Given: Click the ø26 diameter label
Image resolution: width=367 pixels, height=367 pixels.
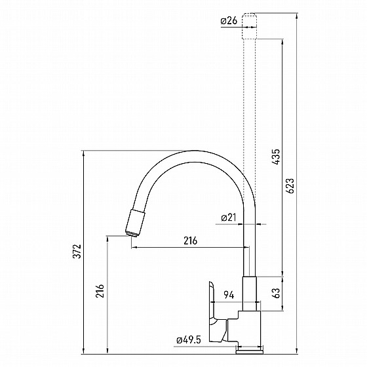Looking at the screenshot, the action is pos(229,21).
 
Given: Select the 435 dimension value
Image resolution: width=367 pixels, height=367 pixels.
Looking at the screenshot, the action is pos(276,157).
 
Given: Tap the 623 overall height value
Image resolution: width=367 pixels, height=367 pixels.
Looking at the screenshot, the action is pos(290,186).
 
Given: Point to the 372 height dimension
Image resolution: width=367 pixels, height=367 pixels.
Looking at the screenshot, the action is pos(77,252).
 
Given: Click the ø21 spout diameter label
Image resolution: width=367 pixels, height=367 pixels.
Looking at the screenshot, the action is pos(229,218).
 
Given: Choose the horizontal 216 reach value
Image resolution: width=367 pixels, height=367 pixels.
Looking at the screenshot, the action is pos(190,241).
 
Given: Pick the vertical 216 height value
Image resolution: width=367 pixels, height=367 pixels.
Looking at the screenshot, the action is pos(100,291).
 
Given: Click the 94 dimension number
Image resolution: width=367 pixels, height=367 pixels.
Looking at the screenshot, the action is pos(229,295).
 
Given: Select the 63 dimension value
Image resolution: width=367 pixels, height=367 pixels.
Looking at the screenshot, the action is pos(276,293).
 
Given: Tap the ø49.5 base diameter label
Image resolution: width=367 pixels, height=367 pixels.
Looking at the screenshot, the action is pos(189,340).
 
